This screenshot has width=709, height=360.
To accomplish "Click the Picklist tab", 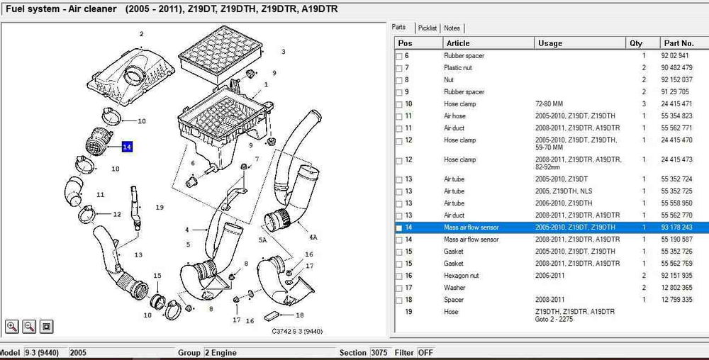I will [428, 28].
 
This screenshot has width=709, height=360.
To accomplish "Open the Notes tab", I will [452, 28].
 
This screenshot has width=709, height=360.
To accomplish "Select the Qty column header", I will [636, 43].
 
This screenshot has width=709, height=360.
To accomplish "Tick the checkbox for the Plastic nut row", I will [399, 68].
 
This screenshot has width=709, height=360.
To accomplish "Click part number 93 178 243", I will [676, 227].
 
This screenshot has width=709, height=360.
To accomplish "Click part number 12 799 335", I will [676, 300].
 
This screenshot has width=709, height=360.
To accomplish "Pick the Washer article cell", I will [454, 288].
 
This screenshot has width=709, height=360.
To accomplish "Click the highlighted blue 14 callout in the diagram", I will [127, 147].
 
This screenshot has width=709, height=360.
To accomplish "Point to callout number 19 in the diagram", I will [160, 208].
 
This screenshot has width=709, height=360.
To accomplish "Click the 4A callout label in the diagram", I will [312, 236].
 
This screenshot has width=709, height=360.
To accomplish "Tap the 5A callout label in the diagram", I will [262, 240].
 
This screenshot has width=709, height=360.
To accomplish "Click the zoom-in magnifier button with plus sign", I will [12, 326].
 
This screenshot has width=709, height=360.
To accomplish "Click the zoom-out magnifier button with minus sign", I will [29, 326].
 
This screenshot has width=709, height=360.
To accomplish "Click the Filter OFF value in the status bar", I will [425, 352].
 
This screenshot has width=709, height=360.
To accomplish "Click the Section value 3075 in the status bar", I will [380, 352].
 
